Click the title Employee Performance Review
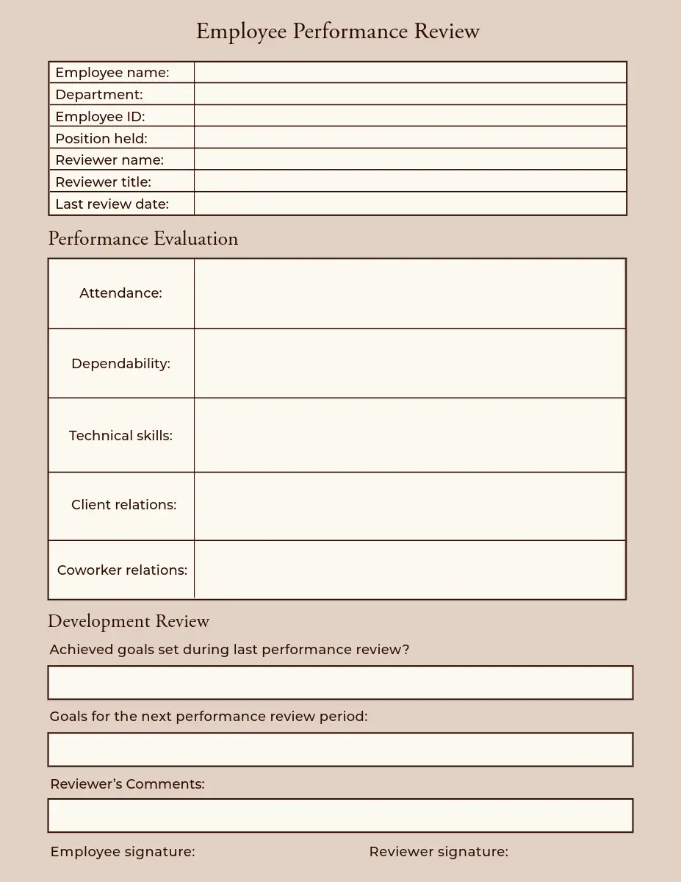(x=337, y=32)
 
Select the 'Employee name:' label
(x=112, y=73)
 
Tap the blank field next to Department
(x=410, y=94)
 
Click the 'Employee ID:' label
(x=100, y=116)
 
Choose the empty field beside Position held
(x=410, y=137)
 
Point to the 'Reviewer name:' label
(x=109, y=159)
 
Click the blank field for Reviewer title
(x=410, y=181)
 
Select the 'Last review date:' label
(x=112, y=204)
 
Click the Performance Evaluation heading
(x=143, y=239)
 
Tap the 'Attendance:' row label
(x=120, y=293)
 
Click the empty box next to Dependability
(x=410, y=363)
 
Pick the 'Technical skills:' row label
(x=120, y=435)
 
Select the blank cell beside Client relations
(x=410, y=506)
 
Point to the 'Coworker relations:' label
(x=122, y=570)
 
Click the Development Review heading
(x=129, y=621)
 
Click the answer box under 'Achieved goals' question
(x=340, y=683)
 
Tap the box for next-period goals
(x=340, y=750)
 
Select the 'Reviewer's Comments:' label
(x=127, y=784)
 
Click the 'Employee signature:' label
(x=123, y=851)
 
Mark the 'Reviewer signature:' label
(x=439, y=851)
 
